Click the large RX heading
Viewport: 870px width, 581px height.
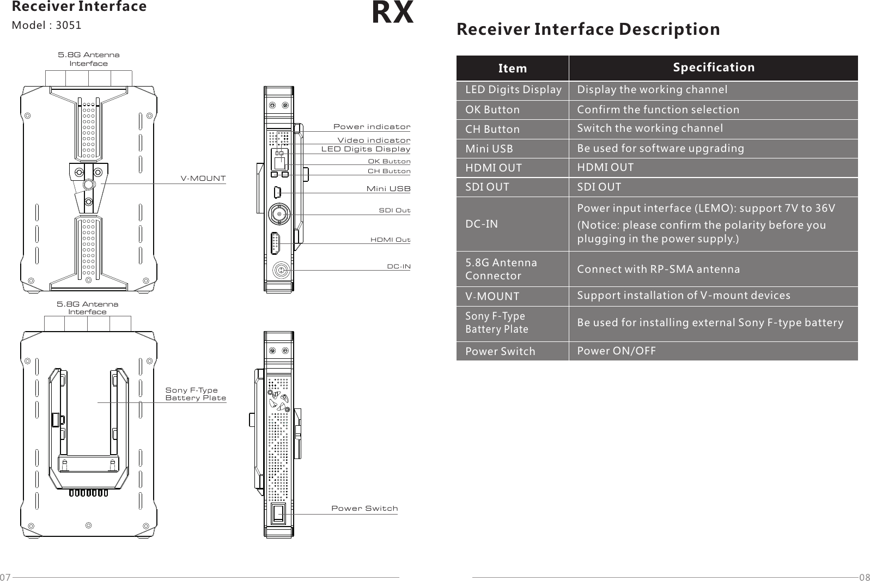(392, 13)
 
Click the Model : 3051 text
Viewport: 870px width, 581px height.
(47, 25)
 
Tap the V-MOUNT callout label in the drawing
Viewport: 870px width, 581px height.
(203, 179)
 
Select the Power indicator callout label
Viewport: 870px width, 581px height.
(372, 127)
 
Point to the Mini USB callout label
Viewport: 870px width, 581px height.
(388, 189)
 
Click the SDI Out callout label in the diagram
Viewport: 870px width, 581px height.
(394, 210)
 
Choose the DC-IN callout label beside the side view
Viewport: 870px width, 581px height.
(398, 266)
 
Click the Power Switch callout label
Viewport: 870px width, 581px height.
(364, 508)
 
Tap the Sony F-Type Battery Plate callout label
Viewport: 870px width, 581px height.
(195, 394)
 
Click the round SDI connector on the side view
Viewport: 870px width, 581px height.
(279, 214)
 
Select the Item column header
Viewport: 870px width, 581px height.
(512, 68)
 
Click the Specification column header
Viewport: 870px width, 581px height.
(713, 67)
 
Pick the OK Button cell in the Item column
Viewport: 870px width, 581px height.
(492, 109)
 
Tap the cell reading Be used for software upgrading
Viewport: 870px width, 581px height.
(660, 148)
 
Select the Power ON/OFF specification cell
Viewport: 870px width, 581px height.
(616, 351)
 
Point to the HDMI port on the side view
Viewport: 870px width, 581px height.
(276, 243)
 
